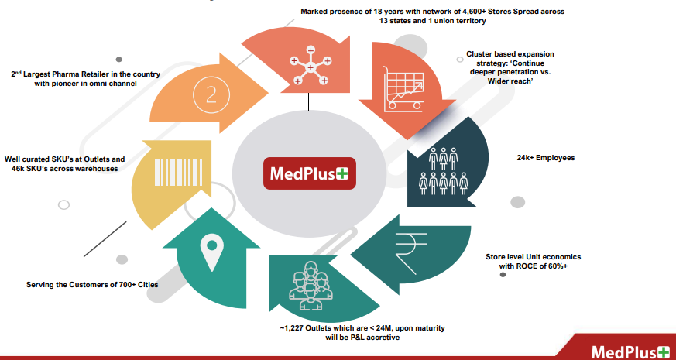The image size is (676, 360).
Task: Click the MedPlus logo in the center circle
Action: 308,173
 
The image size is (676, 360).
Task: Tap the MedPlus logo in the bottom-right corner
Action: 630,352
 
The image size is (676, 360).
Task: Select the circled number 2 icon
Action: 210,94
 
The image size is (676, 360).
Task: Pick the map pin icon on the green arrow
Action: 211,252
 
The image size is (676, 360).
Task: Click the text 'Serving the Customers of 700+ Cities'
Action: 92,285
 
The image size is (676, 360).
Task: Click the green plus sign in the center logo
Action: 343,173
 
